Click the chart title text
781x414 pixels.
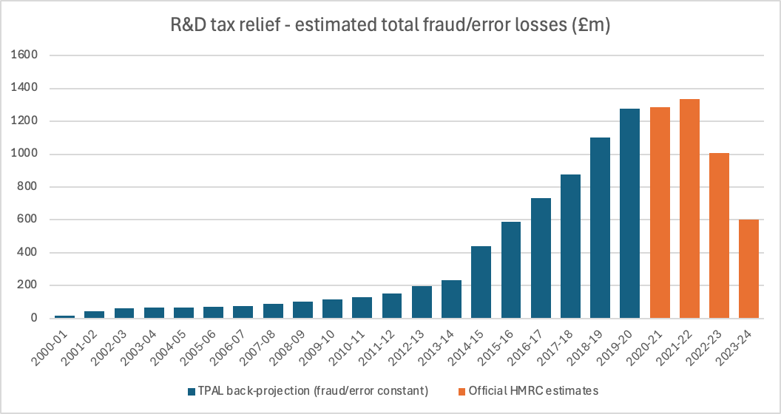coord(390,25)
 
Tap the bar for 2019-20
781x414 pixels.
coord(630,214)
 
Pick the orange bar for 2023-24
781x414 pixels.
coord(748,269)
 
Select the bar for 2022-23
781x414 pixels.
coord(719,236)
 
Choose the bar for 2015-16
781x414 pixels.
coord(511,270)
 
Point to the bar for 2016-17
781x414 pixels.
coord(541,258)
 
